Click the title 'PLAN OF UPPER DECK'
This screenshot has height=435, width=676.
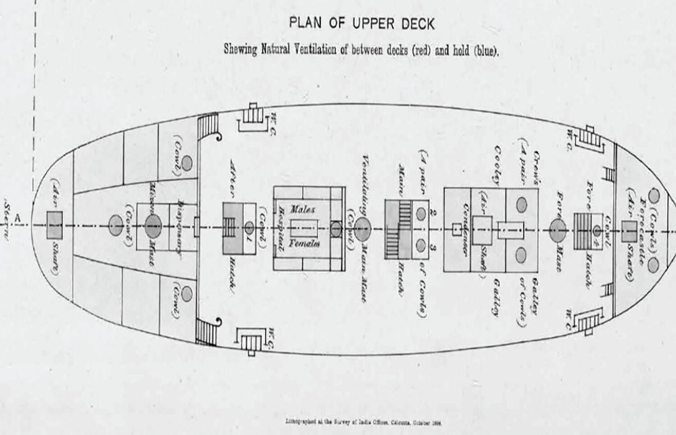pyautogui.click(x=361, y=23)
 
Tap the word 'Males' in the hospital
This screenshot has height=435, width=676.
pyautogui.click(x=303, y=210)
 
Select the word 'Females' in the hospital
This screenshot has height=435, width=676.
pyautogui.click(x=305, y=244)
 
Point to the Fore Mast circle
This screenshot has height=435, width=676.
pyautogui.click(x=558, y=229)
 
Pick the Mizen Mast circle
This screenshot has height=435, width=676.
pyautogui.click(x=153, y=225)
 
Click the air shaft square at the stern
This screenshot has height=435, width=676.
pyautogui.click(x=55, y=225)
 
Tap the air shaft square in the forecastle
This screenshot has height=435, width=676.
pyautogui.click(x=629, y=231)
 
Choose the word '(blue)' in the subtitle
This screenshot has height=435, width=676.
pyautogui.click(x=486, y=51)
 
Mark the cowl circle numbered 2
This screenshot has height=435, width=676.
pyautogui.click(x=421, y=213)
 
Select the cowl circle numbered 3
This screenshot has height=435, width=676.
pyautogui.click(x=421, y=246)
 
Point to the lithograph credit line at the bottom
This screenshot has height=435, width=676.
pyautogui.click(x=363, y=423)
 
